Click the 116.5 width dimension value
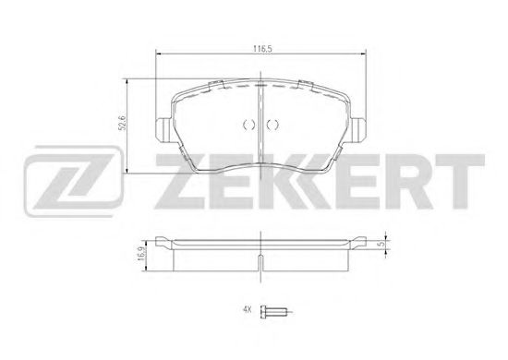coord(261,49)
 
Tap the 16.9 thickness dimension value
coord(140,254)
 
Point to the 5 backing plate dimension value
coord(382,244)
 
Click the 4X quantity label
coord(248,310)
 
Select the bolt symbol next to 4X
coord(274,311)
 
